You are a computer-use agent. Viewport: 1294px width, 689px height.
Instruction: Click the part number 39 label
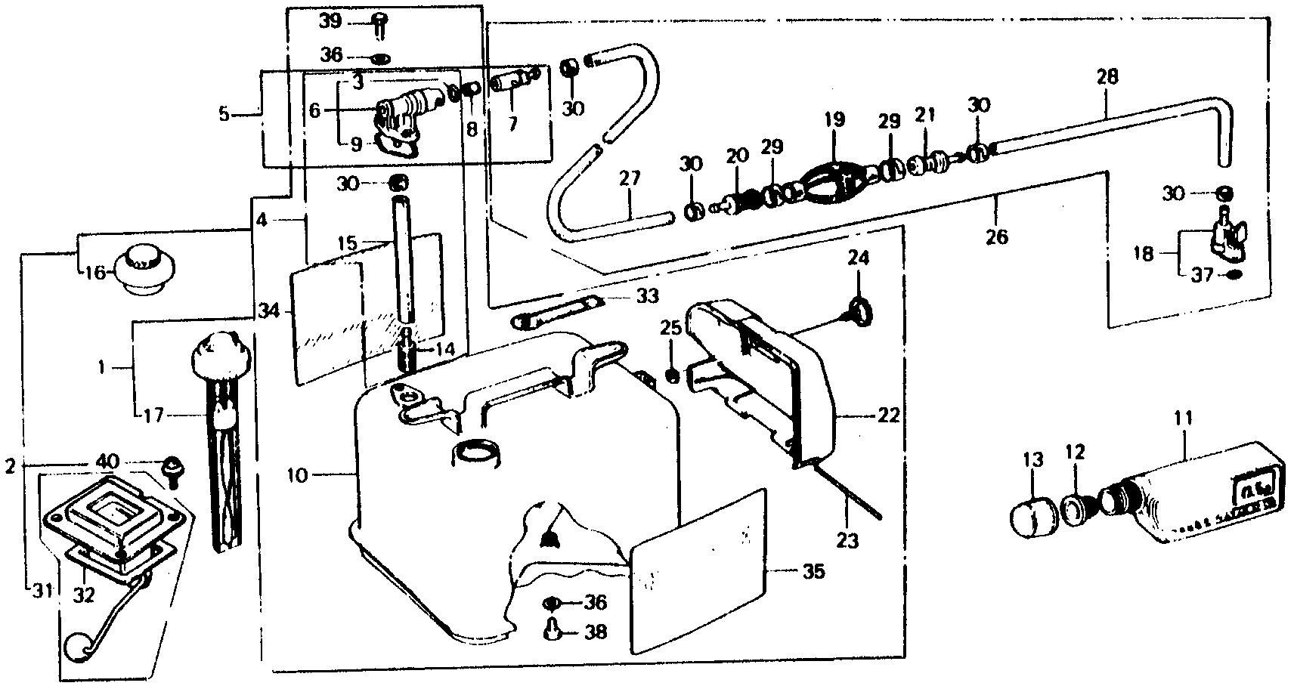(x=330, y=21)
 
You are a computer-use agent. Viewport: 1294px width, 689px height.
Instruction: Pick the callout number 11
(x=1182, y=417)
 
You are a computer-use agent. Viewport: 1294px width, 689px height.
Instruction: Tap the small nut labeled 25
(x=671, y=374)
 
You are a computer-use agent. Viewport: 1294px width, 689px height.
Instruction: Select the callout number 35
(x=813, y=572)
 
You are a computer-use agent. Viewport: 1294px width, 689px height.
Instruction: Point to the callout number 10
(x=299, y=475)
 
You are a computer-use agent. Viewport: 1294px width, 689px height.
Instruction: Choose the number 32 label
(x=84, y=595)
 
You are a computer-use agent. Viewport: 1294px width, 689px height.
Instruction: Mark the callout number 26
(x=997, y=236)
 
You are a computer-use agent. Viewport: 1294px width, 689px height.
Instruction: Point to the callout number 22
(x=889, y=415)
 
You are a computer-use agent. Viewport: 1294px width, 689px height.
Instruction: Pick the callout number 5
(x=224, y=115)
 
